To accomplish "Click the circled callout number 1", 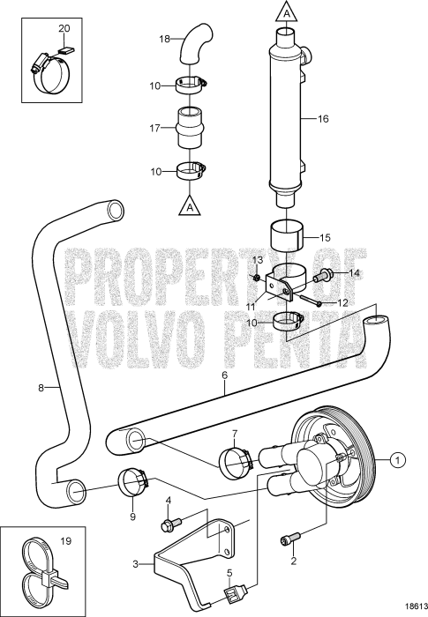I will coord(398,459).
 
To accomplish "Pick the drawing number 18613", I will coord(407,606).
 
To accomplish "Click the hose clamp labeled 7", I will coord(237,459).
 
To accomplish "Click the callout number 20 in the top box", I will coord(63,28).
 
